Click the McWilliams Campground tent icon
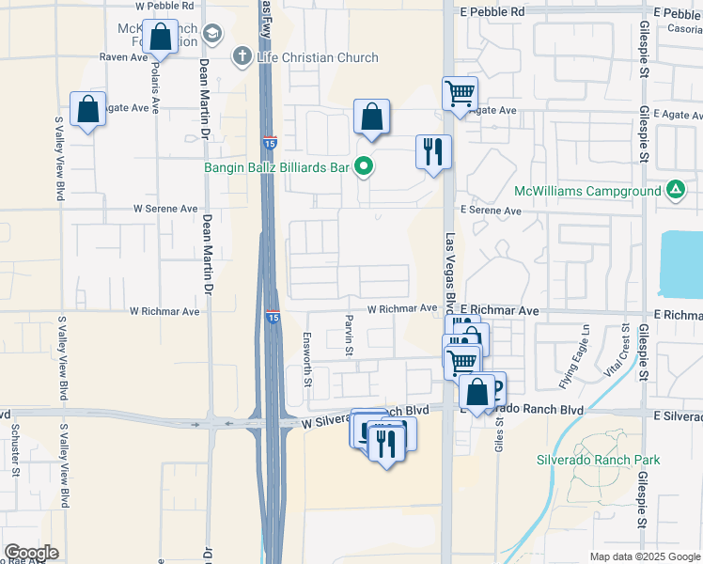[675, 191]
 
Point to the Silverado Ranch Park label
[598, 460]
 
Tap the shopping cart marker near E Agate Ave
[461, 93]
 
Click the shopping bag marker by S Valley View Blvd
[87, 110]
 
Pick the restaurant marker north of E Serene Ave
[434, 151]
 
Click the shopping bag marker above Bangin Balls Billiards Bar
[372, 117]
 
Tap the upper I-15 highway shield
[270, 142]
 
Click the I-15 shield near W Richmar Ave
[272, 318]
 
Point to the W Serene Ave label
[165, 209]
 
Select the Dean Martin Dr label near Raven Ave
[204, 95]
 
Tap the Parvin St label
[348, 335]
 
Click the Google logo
[31, 553]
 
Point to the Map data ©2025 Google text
[644, 556]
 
